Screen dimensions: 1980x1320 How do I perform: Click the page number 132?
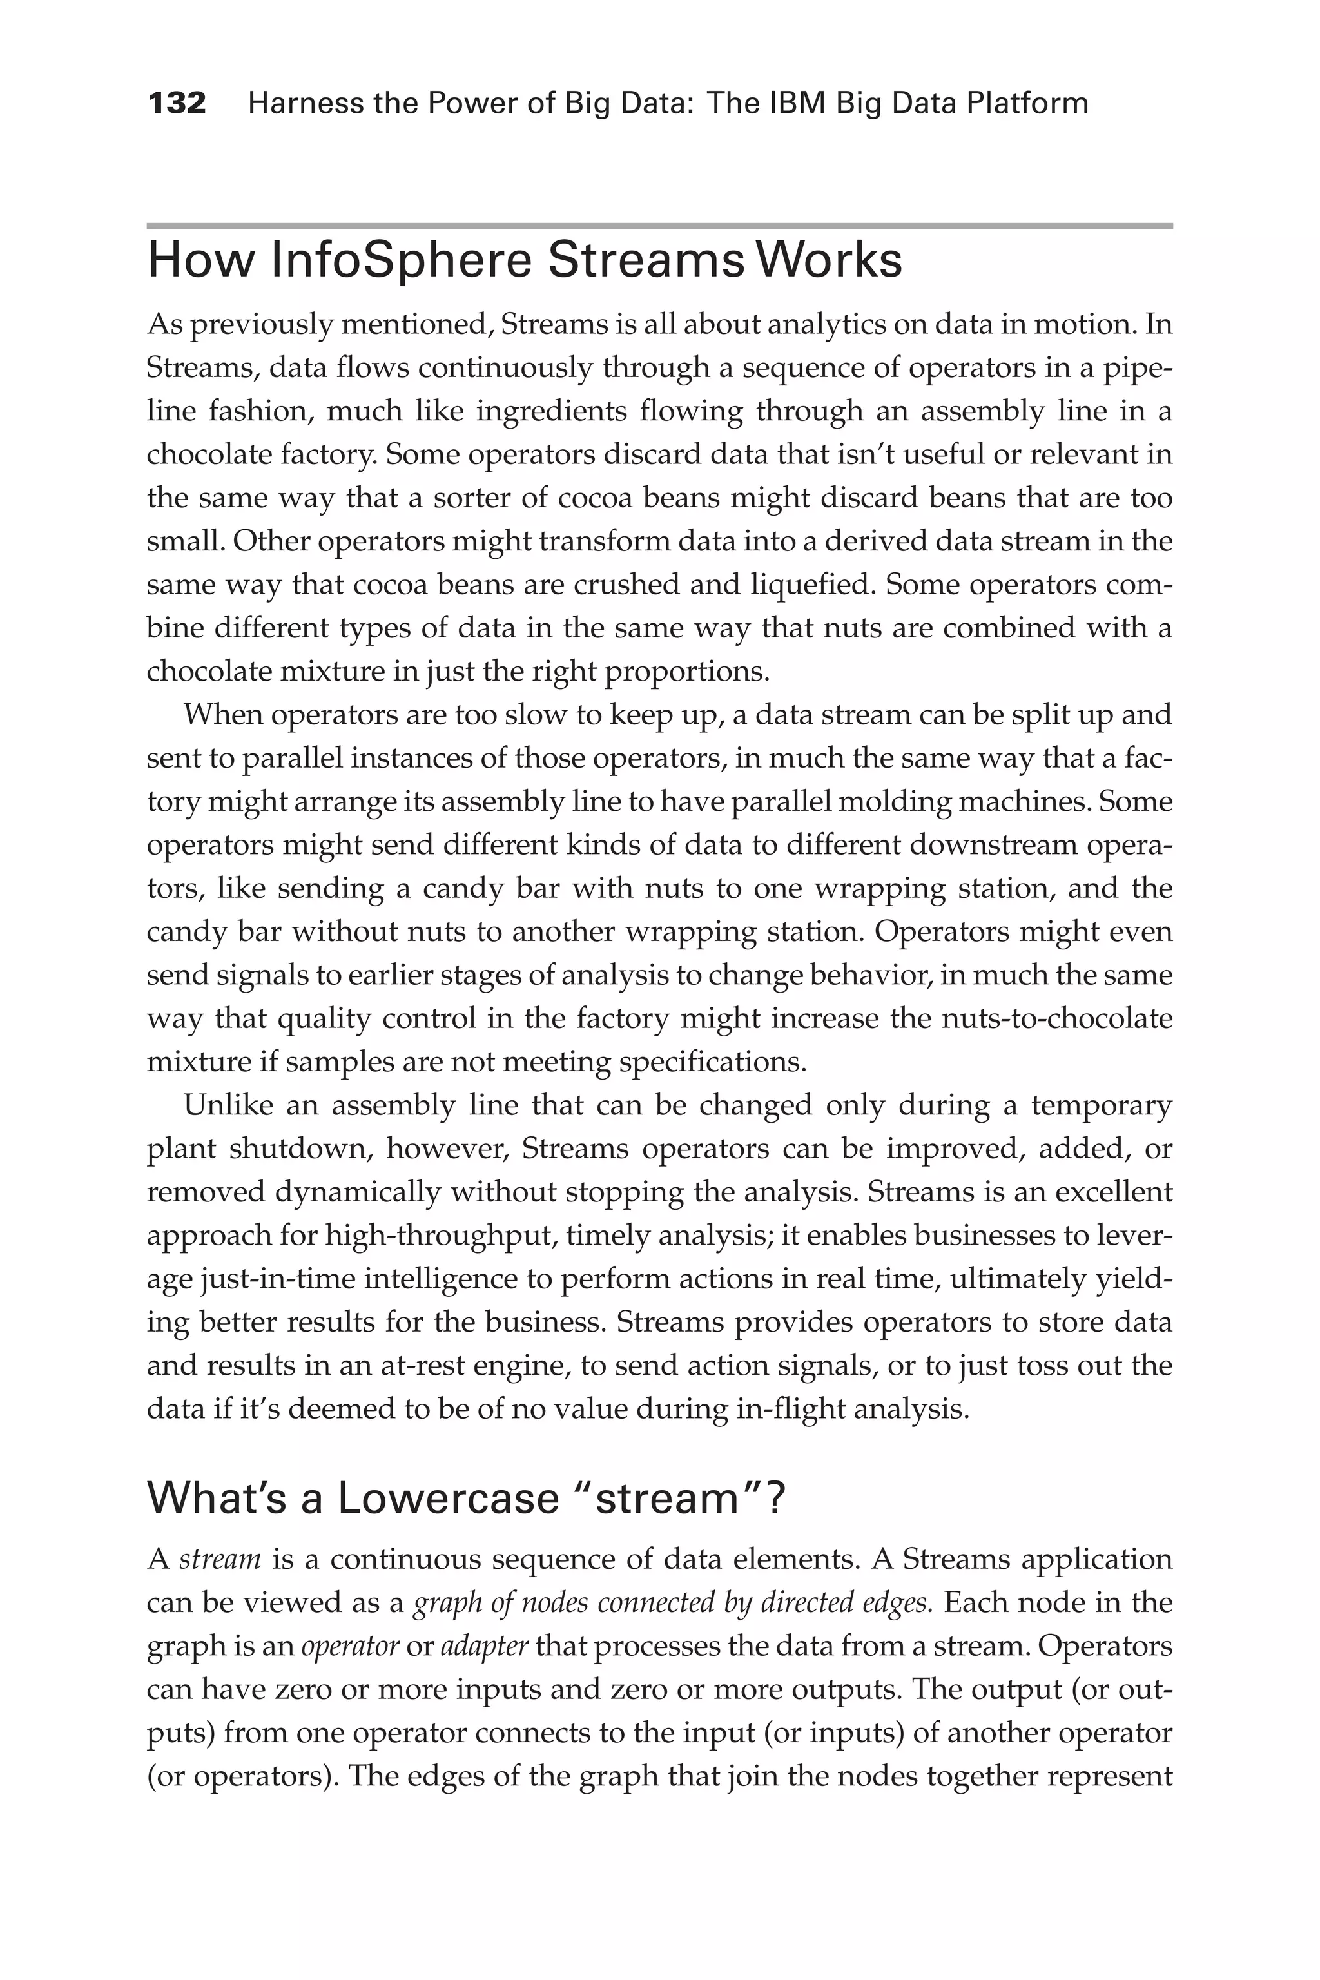coord(177,104)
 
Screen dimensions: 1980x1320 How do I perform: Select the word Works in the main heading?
coord(830,260)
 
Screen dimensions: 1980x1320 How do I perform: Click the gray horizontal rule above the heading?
coord(659,226)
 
